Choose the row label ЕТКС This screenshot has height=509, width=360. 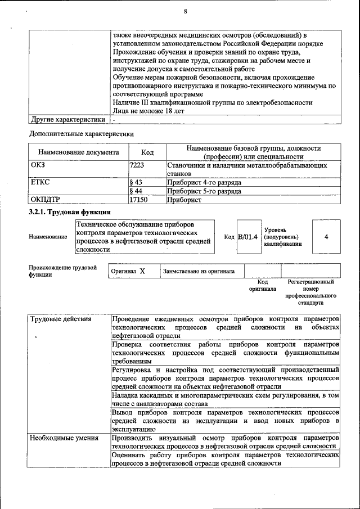pyautogui.click(x=40, y=183)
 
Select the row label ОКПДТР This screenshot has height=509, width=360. pyautogui.click(x=44, y=199)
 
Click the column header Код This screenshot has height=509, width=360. pyautogui.click(x=147, y=152)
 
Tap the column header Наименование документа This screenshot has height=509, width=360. pyautogui.click(x=78, y=152)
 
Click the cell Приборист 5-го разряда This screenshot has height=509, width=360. pyautogui.click(x=204, y=191)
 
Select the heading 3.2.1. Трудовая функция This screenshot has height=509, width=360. pyautogui.click(x=69, y=212)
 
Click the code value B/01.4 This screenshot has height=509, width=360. pyautogui.click(x=248, y=237)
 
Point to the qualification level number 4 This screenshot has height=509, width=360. pyautogui.click(x=326, y=237)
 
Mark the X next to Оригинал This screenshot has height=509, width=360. pyautogui.click(x=142, y=271)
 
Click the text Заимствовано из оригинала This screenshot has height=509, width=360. pyautogui.click(x=199, y=271)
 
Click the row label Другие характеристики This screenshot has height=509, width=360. pyautogui.click(x=68, y=120)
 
